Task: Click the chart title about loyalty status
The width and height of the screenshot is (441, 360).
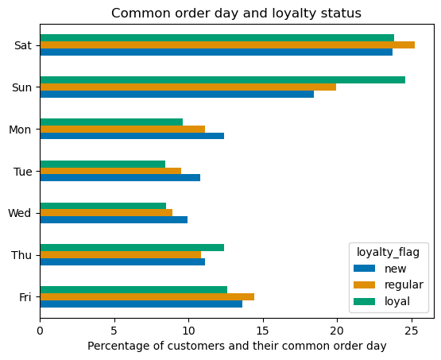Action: point(236,13)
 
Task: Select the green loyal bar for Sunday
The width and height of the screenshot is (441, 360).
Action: point(222,79)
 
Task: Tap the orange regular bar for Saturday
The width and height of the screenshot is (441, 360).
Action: point(227,45)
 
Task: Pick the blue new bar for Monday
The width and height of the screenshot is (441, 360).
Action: point(132,136)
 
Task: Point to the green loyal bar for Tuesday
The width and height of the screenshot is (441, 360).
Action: point(103,164)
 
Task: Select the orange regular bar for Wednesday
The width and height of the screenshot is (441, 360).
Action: point(106,212)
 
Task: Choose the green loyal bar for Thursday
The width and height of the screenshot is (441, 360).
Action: point(132,247)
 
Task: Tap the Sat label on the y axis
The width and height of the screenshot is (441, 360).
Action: point(22,45)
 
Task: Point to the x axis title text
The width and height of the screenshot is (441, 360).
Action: point(236,346)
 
